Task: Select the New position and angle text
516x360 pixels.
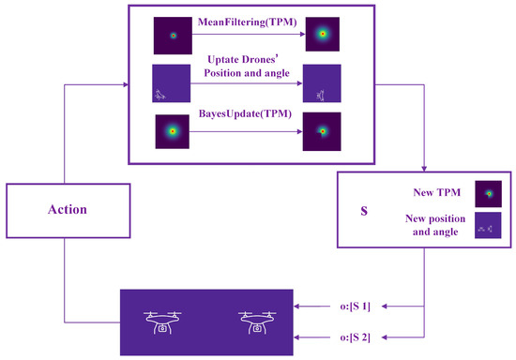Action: click(x=434, y=225)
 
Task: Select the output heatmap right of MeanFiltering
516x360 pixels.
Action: click(x=322, y=36)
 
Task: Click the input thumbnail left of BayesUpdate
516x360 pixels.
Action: click(x=173, y=132)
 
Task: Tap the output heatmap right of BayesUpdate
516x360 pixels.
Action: click(x=322, y=132)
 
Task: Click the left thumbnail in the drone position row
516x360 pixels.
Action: click(x=171, y=83)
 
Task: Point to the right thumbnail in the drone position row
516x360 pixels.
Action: click(x=322, y=83)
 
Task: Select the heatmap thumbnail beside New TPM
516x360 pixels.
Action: click(x=488, y=193)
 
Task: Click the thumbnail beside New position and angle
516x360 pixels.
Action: click(x=488, y=226)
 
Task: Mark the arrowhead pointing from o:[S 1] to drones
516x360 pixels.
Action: click(x=298, y=307)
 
